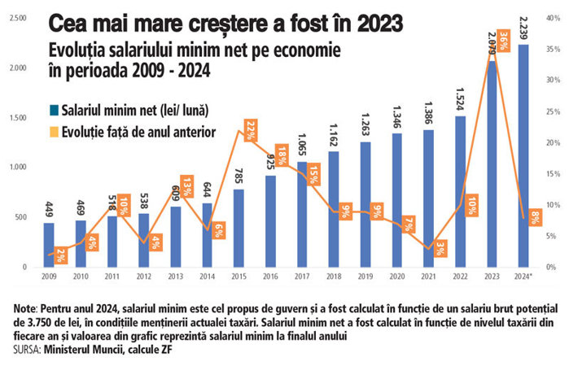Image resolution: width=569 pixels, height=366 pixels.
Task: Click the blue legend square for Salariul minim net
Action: click(53, 110)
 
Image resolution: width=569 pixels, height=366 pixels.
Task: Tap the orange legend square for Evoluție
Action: click(53, 130)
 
